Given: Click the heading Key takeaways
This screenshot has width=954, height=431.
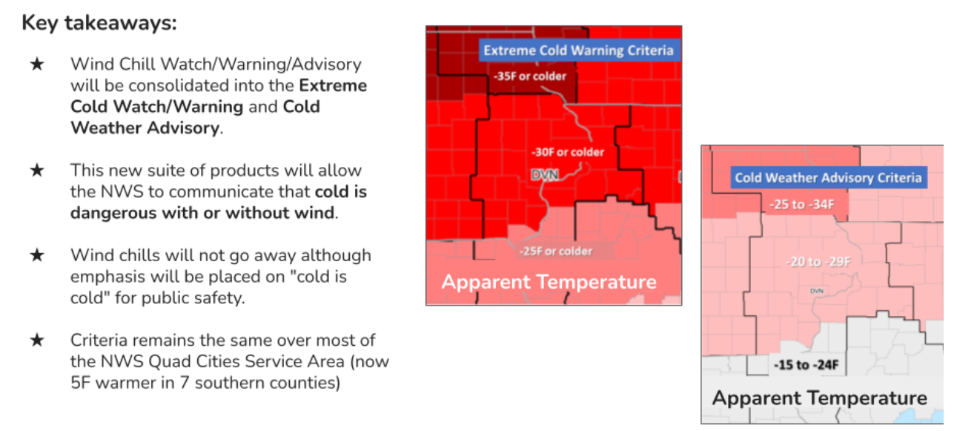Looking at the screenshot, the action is [x=99, y=23].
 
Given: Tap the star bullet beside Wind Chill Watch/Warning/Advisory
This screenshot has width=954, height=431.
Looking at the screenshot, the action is [x=37, y=65].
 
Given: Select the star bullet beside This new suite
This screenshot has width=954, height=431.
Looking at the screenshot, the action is [x=37, y=171].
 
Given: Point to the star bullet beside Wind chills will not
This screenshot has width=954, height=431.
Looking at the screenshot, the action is [x=37, y=255].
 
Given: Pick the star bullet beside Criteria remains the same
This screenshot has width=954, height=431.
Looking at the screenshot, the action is [x=37, y=340].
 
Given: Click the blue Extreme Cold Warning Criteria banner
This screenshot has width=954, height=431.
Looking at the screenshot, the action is [x=579, y=50].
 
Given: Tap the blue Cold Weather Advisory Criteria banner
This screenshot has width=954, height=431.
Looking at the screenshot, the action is [x=829, y=177].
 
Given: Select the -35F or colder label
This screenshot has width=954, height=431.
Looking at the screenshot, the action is [x=530, y=76].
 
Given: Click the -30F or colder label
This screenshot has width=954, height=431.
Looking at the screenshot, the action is [x=568, y=152].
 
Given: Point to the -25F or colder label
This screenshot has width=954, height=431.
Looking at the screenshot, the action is [x=556, y=251].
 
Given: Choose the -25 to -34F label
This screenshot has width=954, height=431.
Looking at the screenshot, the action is [x=801, y=204].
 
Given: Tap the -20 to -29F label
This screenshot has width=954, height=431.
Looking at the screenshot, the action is [x=818, y=261].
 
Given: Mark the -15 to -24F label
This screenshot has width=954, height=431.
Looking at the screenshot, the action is [x=806, y=365].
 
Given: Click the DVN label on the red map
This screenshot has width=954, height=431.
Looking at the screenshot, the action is [x=545, y=175].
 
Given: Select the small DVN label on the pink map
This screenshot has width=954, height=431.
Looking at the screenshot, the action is [x=816, y=292].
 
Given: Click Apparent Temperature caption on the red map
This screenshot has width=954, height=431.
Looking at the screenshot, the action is [x=549, y=282].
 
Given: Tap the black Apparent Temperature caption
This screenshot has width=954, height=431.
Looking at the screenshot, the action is [x=820, y=398].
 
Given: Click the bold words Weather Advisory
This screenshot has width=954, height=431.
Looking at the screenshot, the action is [x=145, y=128].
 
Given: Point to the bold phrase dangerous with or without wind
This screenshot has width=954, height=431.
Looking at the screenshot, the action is [x=202, y=213].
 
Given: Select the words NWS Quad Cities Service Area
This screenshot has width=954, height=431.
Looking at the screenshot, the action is [x=222, y=361].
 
